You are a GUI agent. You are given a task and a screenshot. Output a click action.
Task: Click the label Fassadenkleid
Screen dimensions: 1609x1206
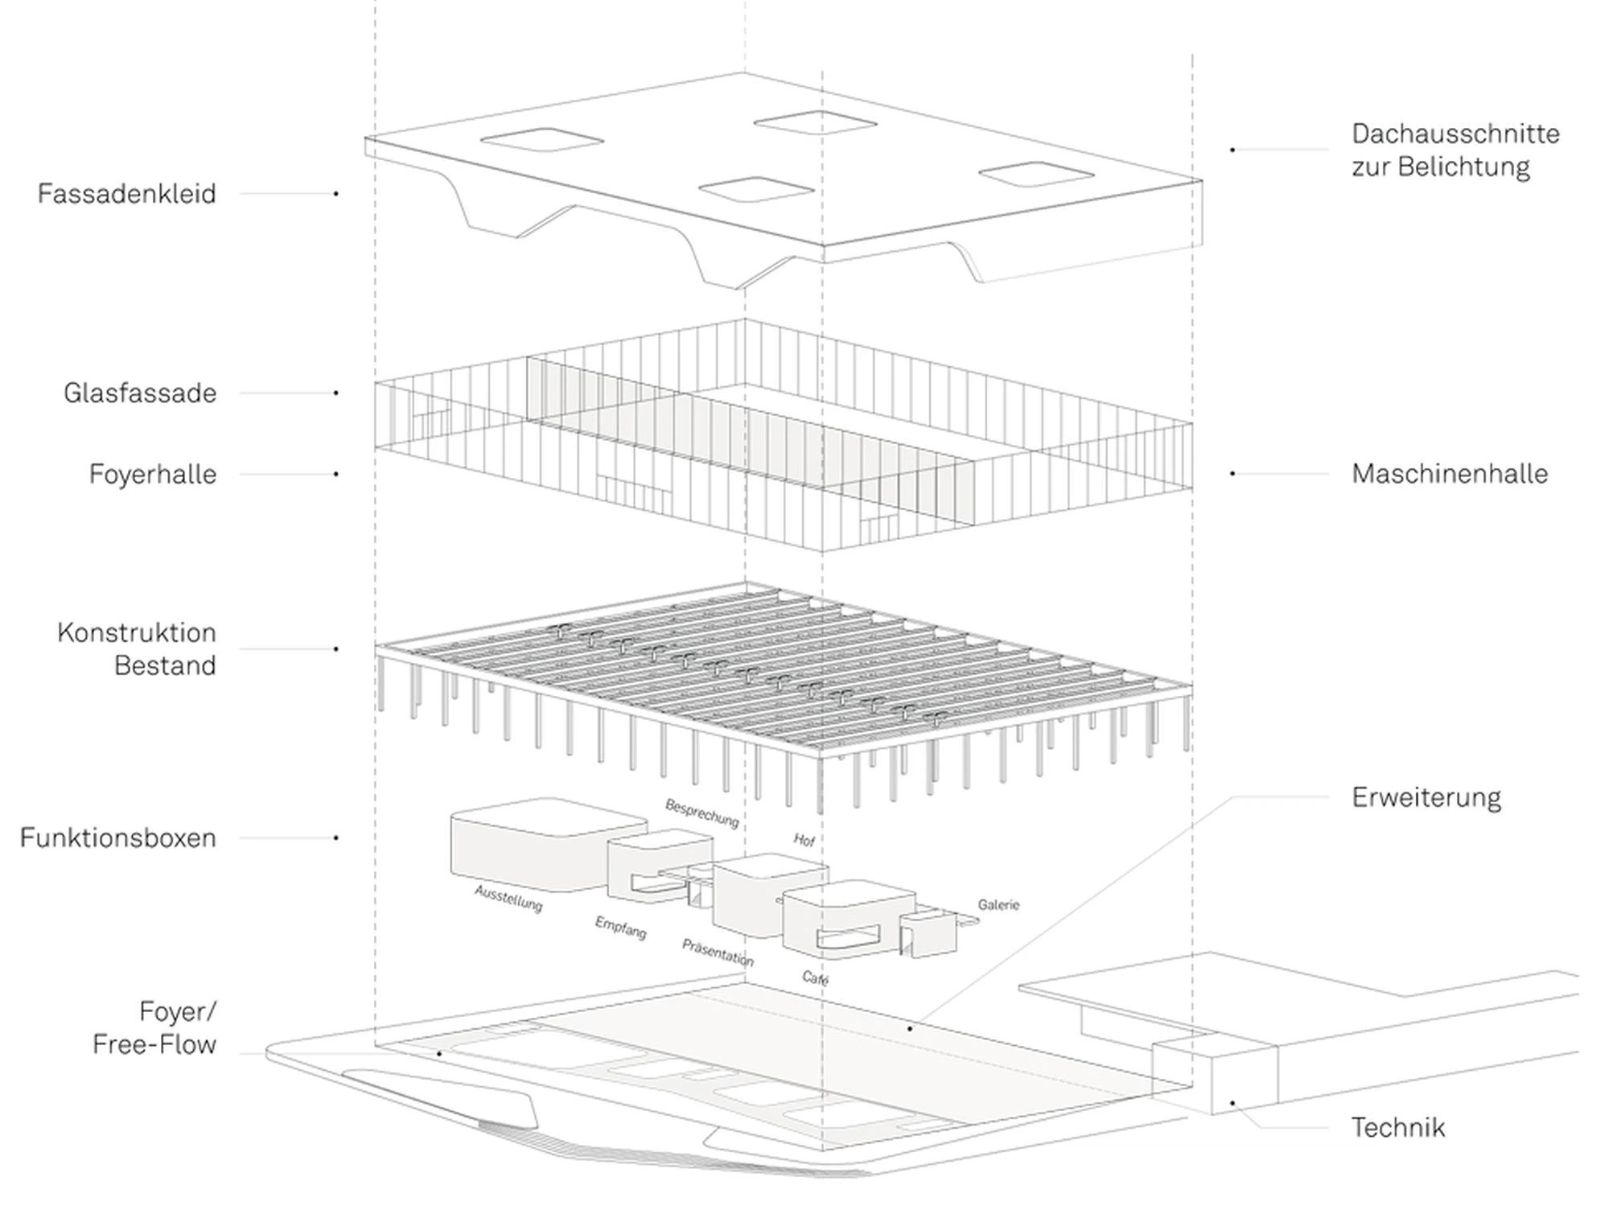[x=127, y=194]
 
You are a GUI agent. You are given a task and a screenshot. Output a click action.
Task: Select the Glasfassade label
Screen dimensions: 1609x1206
[x=140, y=393]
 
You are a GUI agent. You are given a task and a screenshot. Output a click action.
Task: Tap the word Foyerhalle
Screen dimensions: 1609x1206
[x=153, y=475]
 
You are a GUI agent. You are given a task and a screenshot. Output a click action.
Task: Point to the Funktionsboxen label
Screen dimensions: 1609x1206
[x=118, y=838]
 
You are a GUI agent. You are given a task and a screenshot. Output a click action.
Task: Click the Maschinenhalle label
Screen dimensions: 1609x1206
[x=1450, y=474]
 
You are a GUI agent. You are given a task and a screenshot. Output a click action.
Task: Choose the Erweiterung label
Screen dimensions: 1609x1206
[x=1426, y=798]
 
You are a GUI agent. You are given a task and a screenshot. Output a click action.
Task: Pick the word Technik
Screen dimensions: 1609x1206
[x=1398, y=1128]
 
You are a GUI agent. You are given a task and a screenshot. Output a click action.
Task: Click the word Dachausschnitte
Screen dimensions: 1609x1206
[x=1455, y=134]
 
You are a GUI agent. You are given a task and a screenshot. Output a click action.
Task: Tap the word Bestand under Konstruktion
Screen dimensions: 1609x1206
[x=165, y=666]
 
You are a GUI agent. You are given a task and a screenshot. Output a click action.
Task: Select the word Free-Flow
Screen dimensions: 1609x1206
[x=154, y=1045]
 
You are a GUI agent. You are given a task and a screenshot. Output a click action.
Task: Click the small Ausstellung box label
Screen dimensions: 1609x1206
[x=508, y=899]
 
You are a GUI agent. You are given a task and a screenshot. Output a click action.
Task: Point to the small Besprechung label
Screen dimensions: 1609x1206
[x=702, y=813]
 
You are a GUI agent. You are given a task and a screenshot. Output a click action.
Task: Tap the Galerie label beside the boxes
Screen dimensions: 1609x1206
[x=998, y=905]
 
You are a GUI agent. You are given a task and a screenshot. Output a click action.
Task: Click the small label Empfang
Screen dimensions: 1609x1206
[x=620, y=928]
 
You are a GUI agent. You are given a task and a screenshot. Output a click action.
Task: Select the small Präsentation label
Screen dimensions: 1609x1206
[x=718, y=953]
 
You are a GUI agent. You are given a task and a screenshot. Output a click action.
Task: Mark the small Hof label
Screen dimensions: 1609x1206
[x=804, y=840]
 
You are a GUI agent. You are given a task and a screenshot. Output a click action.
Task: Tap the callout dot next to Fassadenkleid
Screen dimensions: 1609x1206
[x=336, y=194]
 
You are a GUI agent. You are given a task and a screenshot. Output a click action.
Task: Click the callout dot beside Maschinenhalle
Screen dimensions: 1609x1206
[x=1232, y=474]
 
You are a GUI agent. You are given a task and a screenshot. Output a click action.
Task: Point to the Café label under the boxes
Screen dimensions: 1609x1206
[x=815, y=978]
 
